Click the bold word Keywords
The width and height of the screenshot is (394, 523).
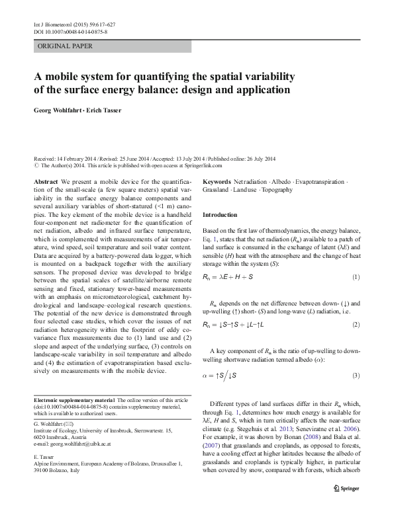217,181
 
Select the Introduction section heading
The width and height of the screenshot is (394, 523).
220,215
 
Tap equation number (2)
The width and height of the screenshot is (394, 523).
356,325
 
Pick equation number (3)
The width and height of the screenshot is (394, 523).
356,376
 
